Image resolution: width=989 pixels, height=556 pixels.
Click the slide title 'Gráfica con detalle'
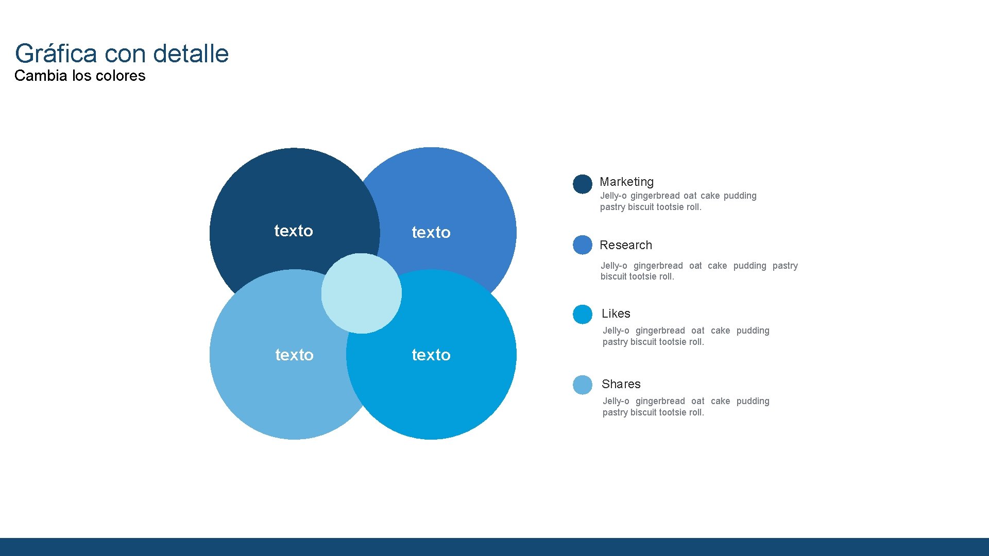coord(122,54)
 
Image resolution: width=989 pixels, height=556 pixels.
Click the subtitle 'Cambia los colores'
coord(80,76)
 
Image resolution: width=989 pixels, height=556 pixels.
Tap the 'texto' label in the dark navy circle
coord(294,231)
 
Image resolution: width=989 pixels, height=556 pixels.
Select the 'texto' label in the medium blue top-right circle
coord(431,232)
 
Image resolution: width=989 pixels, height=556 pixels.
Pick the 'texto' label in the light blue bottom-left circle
coord(294,355)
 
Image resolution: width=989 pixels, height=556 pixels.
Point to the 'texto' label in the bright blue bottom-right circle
coord(431,355)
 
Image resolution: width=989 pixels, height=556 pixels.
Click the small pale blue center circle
coord(361,293)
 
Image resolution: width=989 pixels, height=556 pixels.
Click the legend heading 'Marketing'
coord(626,182)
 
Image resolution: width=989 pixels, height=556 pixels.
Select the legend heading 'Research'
coord(626,245)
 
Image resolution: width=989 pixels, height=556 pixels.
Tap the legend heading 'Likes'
coord(616,314)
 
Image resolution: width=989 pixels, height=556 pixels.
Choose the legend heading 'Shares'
coord(621,384)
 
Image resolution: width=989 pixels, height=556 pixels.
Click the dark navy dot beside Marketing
coord(583,184)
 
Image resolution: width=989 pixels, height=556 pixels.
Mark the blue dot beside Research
coord(583,245)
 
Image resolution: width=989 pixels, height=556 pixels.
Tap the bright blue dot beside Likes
coord(583,315)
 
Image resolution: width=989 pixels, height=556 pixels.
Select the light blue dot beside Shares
coord(583,385)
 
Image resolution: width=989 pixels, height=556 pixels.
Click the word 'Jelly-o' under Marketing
coord(613,196)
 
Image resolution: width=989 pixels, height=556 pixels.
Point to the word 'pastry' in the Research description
coord(785,266)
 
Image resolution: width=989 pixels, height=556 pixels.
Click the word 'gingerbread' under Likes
coord(660,331)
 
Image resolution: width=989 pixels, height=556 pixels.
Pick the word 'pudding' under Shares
coord(753,401)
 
